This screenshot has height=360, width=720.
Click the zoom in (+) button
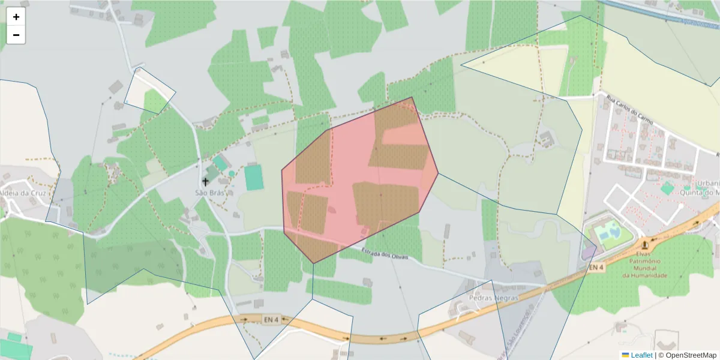coord(16,17)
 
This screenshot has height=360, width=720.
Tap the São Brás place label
coord(210,193)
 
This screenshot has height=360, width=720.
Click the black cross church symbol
coord(205,181)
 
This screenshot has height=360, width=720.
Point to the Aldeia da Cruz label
coord(24,193)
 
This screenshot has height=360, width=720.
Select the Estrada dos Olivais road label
coord(385,254)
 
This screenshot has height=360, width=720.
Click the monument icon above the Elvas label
coord(645,244)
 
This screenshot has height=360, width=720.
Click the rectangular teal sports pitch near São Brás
coord(254,178)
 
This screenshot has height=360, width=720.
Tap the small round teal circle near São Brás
coord(232,173)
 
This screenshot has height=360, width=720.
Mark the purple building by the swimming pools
coord(589,250)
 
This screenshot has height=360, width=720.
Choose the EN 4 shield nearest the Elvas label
coord(595,267)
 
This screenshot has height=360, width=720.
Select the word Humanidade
coord(644,275)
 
